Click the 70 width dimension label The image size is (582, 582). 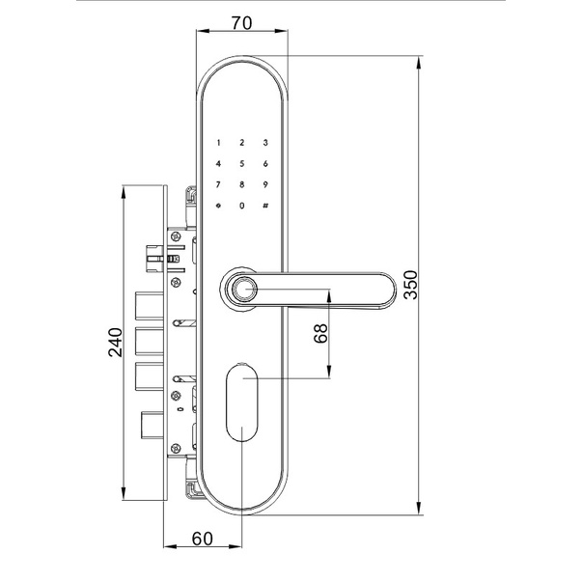241,23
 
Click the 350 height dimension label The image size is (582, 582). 411,285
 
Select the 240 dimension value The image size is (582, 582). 115,342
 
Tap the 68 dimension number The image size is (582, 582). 320,333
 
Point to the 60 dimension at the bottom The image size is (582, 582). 203,539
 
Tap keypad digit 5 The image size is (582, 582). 242,164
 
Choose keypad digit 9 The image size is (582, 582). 265,184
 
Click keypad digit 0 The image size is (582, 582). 242,206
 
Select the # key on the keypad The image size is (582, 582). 265,206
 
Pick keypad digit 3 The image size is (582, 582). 265,143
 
